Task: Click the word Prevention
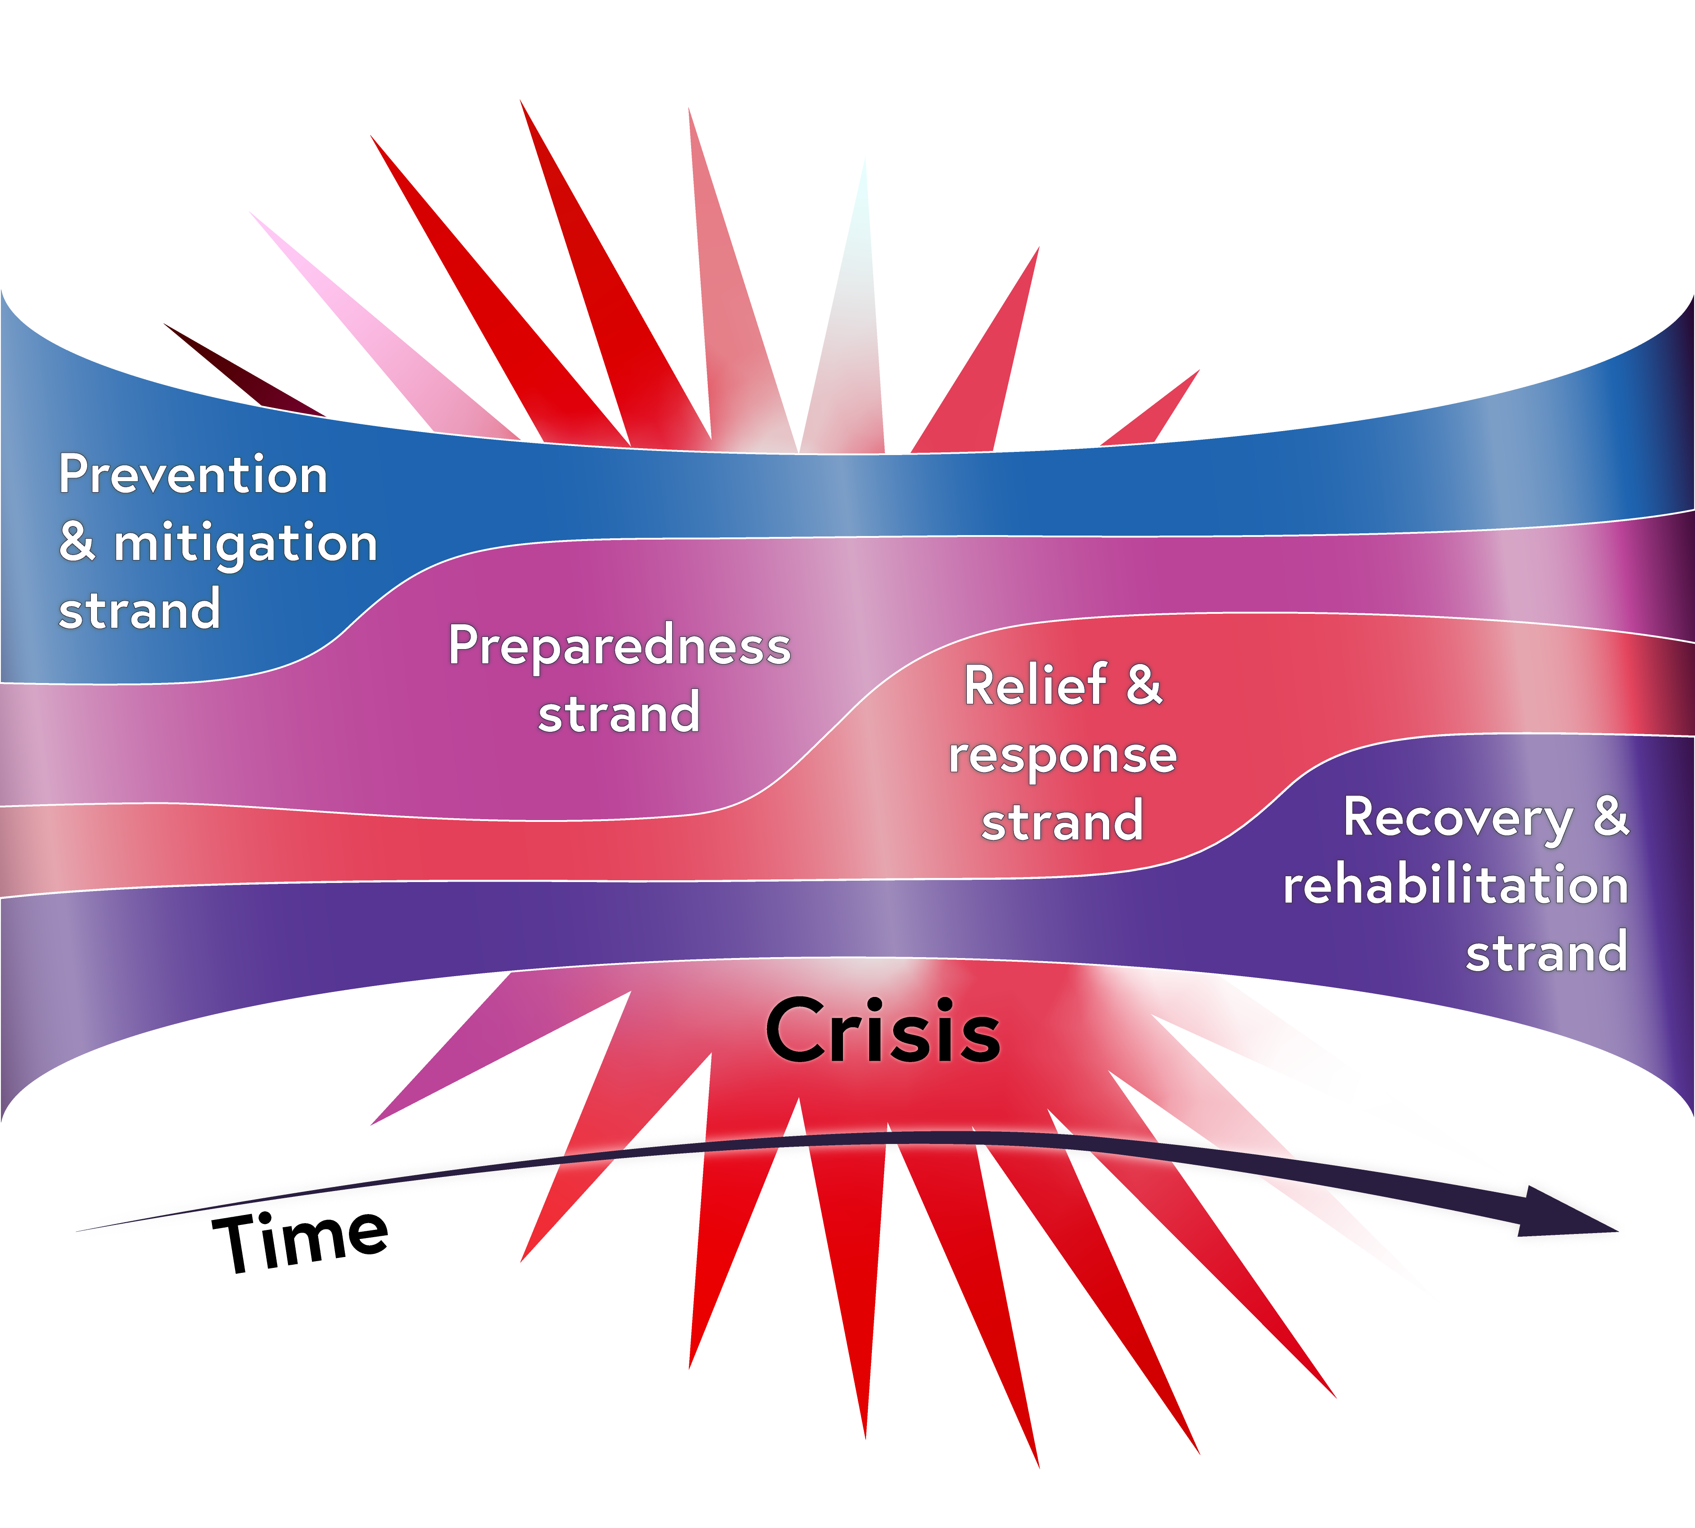pyautogui.click(x=193, y=475)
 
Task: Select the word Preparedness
pyautogui.click(x=619, y=646)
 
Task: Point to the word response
pyautogui.click(x=1062, y=755)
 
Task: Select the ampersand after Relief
pyautogui.click(x=1144, y=685)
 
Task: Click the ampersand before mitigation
pyautogui.click(x=77, y=542)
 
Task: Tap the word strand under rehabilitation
pyautogui.click(x=1546, y=953)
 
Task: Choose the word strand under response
pyautogui.click(x=1062, y=821)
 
